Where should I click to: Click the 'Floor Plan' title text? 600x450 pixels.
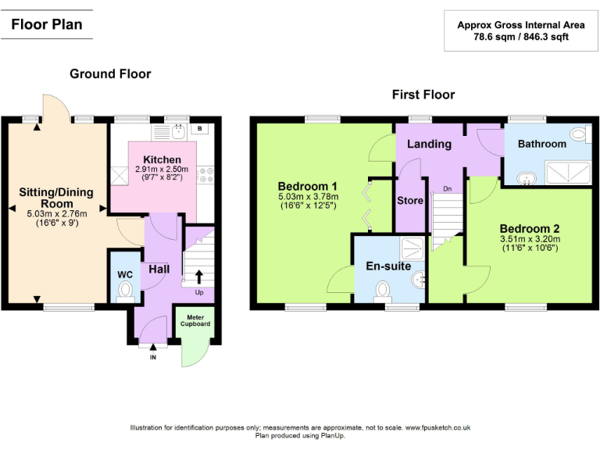click(47, 24)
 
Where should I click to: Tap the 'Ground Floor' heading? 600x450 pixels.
click(110, 74)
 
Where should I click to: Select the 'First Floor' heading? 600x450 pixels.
click(423, 95)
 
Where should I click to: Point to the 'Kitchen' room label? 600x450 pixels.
click(162, 159)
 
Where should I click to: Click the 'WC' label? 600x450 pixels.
click(125, 275)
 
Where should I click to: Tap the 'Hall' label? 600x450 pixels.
click(159, 269)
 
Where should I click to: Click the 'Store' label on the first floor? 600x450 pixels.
click(410, 201)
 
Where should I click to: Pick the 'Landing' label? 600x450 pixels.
click(429, 145)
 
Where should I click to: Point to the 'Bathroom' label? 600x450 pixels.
click(541, 144)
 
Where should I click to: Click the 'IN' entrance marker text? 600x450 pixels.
click(153, 357)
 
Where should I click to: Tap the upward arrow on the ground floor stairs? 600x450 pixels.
click(198, 276)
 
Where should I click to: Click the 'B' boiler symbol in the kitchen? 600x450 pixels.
click(199, 129)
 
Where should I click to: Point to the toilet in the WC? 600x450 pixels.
click(125, 291)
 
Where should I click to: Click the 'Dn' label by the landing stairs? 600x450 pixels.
click(447, 189)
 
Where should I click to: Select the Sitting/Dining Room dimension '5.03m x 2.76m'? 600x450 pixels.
click(56, 213)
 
